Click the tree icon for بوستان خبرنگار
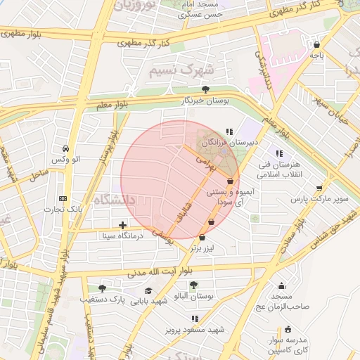[205, 89]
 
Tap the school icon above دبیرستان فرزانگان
[229, 131]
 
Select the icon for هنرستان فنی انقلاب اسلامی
[279, 153]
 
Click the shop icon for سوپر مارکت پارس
[320, 188]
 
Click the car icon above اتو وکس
[65, 149]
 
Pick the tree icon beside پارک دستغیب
[102, 288]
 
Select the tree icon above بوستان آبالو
[193, 285]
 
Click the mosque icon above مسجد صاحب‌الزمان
[282, 286]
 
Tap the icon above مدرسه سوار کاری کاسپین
[288, 329]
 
